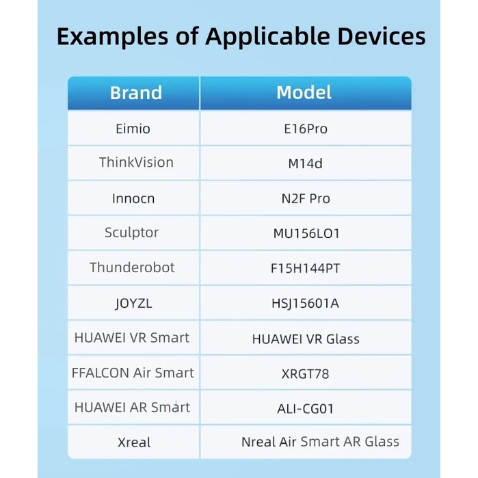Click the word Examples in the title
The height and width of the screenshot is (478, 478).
[x=112, y=37]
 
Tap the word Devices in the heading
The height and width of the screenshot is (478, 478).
[x=381, y=36]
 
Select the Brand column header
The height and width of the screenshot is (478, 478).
[x=136, y=93]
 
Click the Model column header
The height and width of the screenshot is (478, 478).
[x=304, y=92]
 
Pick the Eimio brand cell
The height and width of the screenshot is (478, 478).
[x=133, y=129]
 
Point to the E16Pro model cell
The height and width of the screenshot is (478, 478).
[x=306, y=129]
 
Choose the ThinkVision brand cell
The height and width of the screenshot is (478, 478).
[x=136, y=162]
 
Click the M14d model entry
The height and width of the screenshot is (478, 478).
[x=305, y=163]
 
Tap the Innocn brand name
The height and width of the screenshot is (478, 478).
[x=133, y=198]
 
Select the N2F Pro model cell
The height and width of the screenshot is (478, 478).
[x=306, y=199]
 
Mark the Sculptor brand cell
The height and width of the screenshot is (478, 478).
[x=132, y=233]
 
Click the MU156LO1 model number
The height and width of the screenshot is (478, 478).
[x=306, y=233]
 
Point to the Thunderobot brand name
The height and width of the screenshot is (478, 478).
[x=132, y=267]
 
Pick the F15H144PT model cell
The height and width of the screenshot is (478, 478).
[x=305, y=268]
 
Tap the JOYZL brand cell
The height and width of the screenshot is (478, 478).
[x=134, y=304]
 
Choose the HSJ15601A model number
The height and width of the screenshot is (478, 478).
[x=305, y=304]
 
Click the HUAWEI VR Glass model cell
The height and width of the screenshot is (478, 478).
[x=306, y=339]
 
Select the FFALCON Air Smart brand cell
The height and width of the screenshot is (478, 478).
[x=133, y=373]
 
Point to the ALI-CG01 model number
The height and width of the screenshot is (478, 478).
[x=306, y=409]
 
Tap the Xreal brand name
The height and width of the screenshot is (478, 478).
[x=134, y=442]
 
